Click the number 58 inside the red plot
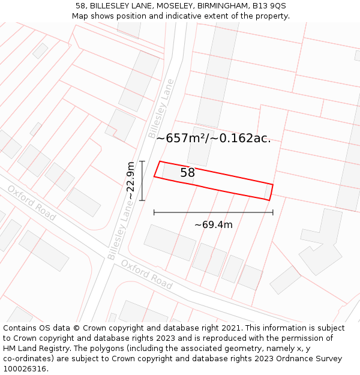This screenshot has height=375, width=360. point(187,173)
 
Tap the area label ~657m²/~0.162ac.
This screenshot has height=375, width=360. point(213,138)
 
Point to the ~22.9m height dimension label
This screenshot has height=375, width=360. point(131,181)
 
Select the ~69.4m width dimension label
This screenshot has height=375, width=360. point(213,225)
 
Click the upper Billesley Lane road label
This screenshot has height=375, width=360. point(161,109)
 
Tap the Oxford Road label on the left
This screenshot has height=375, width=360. point(31,203)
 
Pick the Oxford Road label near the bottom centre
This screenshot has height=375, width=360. point(146,274)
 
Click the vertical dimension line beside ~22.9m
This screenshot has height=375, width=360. point(142,181)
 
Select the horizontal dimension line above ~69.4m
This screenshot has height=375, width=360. point(213,212)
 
